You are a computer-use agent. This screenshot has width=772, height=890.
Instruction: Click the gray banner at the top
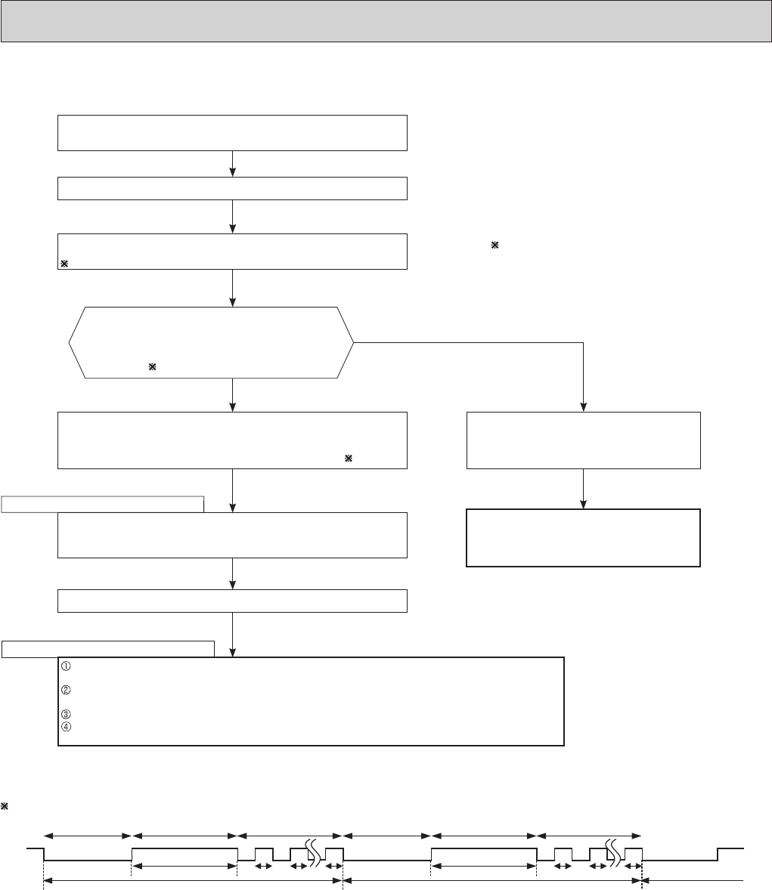click(x=386, y=20)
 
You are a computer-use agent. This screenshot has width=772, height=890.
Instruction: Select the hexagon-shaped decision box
click(x=211, y=342)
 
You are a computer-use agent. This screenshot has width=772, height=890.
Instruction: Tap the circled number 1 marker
click(x=65, y=666)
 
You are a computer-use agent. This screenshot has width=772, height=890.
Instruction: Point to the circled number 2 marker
click(x=65, y=689)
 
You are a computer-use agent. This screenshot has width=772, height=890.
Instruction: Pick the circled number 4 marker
click(x=65, y=724)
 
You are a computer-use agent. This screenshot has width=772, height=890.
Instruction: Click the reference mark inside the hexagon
click(x=152, y=366)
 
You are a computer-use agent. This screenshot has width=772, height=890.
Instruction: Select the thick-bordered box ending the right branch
click(x=583, y=538)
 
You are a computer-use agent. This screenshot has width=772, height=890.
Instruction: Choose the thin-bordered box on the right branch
click(x=583, y=440)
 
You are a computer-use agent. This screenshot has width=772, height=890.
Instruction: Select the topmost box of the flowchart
click(x=232, y=133)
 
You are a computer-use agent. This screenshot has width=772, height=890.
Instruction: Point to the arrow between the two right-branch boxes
click(x=583, y=489)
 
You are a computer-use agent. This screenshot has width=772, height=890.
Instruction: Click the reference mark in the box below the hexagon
click(x=349, y=459)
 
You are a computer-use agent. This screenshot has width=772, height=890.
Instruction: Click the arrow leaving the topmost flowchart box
click(x=232, y=164)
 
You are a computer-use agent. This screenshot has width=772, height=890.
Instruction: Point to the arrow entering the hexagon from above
click(x=232, y=288)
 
